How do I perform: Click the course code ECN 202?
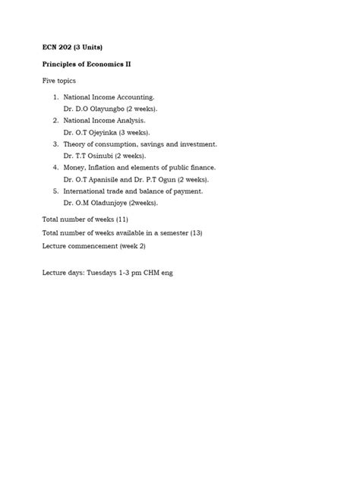(56, 48)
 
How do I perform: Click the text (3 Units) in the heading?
(91, 48)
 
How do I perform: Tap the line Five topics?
(59, 81)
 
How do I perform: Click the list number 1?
(56, 97)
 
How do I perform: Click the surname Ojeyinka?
(103, 131)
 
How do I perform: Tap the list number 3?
(56, 144)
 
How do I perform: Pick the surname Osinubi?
(101, 156)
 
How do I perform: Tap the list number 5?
(56, 191)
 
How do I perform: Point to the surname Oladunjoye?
(109, 203)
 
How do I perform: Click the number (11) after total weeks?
(122, 219)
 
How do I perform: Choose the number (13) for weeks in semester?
(196, 232)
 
